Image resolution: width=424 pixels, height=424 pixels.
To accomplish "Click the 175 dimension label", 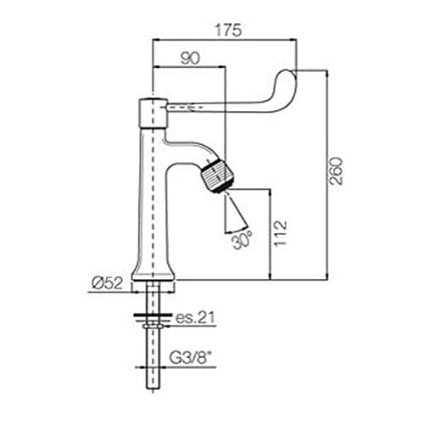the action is (x=228, y=31).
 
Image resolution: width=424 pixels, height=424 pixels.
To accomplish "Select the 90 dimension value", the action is (x=190, y=58).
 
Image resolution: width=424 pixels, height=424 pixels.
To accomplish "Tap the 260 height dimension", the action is (x=337, y=170).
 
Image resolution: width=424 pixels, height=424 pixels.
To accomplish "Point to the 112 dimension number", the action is (x=281, y=233).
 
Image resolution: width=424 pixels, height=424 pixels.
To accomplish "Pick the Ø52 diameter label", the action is (x=108, y=283).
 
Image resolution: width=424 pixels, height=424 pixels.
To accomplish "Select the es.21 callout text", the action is (x=195, y=317).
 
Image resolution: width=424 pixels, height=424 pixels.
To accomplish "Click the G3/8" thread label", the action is (x=192, y=359).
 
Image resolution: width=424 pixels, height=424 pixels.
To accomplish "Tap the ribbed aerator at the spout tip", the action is (x=216, y=176).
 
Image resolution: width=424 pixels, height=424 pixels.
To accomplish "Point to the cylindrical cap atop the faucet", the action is (x=153, y=114).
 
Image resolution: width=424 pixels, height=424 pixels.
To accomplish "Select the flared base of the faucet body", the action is (x=153, y=271).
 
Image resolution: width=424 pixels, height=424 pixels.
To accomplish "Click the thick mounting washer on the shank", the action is (x=153, y=315).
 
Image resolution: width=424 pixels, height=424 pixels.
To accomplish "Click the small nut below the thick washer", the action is (x=153, y=326).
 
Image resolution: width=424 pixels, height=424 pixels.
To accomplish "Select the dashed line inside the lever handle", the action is (x=185, y=108).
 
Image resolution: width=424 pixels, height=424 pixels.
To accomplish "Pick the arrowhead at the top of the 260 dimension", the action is (x=327, y=73).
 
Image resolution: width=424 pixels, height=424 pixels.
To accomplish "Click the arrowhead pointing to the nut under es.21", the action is (x=167, y=326).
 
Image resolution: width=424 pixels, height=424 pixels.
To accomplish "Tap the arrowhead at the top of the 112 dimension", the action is (x=271, y=192).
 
